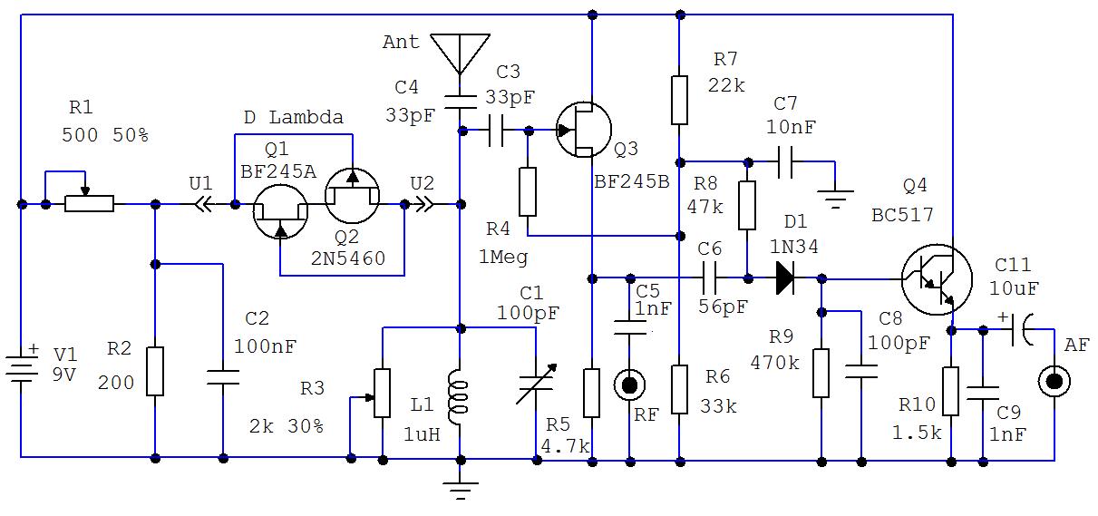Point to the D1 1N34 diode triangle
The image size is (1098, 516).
785,278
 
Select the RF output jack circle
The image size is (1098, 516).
628,385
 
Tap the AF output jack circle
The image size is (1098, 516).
1054,381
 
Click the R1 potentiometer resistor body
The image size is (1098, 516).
89,204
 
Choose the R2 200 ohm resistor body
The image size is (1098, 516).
155,371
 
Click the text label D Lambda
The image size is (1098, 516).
294,118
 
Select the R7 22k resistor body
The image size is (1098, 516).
678,100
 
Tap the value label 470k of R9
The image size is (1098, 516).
775,363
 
